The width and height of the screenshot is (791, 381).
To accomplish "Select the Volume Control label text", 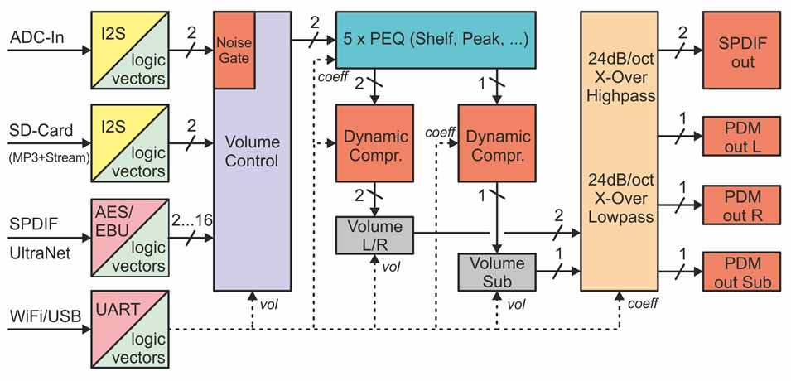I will (252, 151).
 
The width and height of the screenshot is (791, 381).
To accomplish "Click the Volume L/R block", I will (375, 235).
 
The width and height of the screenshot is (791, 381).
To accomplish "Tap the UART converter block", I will (130, 329).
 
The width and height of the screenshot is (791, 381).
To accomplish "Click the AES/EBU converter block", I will (130, 237).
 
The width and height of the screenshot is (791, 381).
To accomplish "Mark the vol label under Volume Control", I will (268, 304).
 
